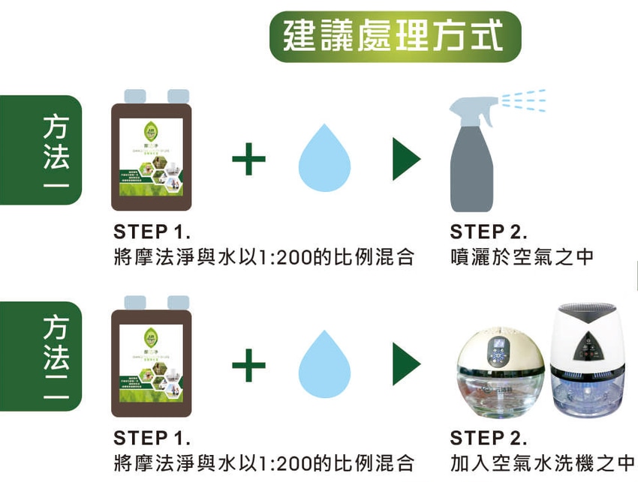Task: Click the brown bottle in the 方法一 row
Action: [x=151, y=154]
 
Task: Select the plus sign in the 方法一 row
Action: [x=248, y=159]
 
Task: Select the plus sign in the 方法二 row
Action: [x=248, y=365]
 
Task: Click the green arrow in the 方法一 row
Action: [x=406, y=159]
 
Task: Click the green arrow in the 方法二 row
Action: [x=406, y=365]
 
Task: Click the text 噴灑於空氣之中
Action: [x=522, y=257]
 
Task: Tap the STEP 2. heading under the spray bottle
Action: [x=489, y=231]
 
